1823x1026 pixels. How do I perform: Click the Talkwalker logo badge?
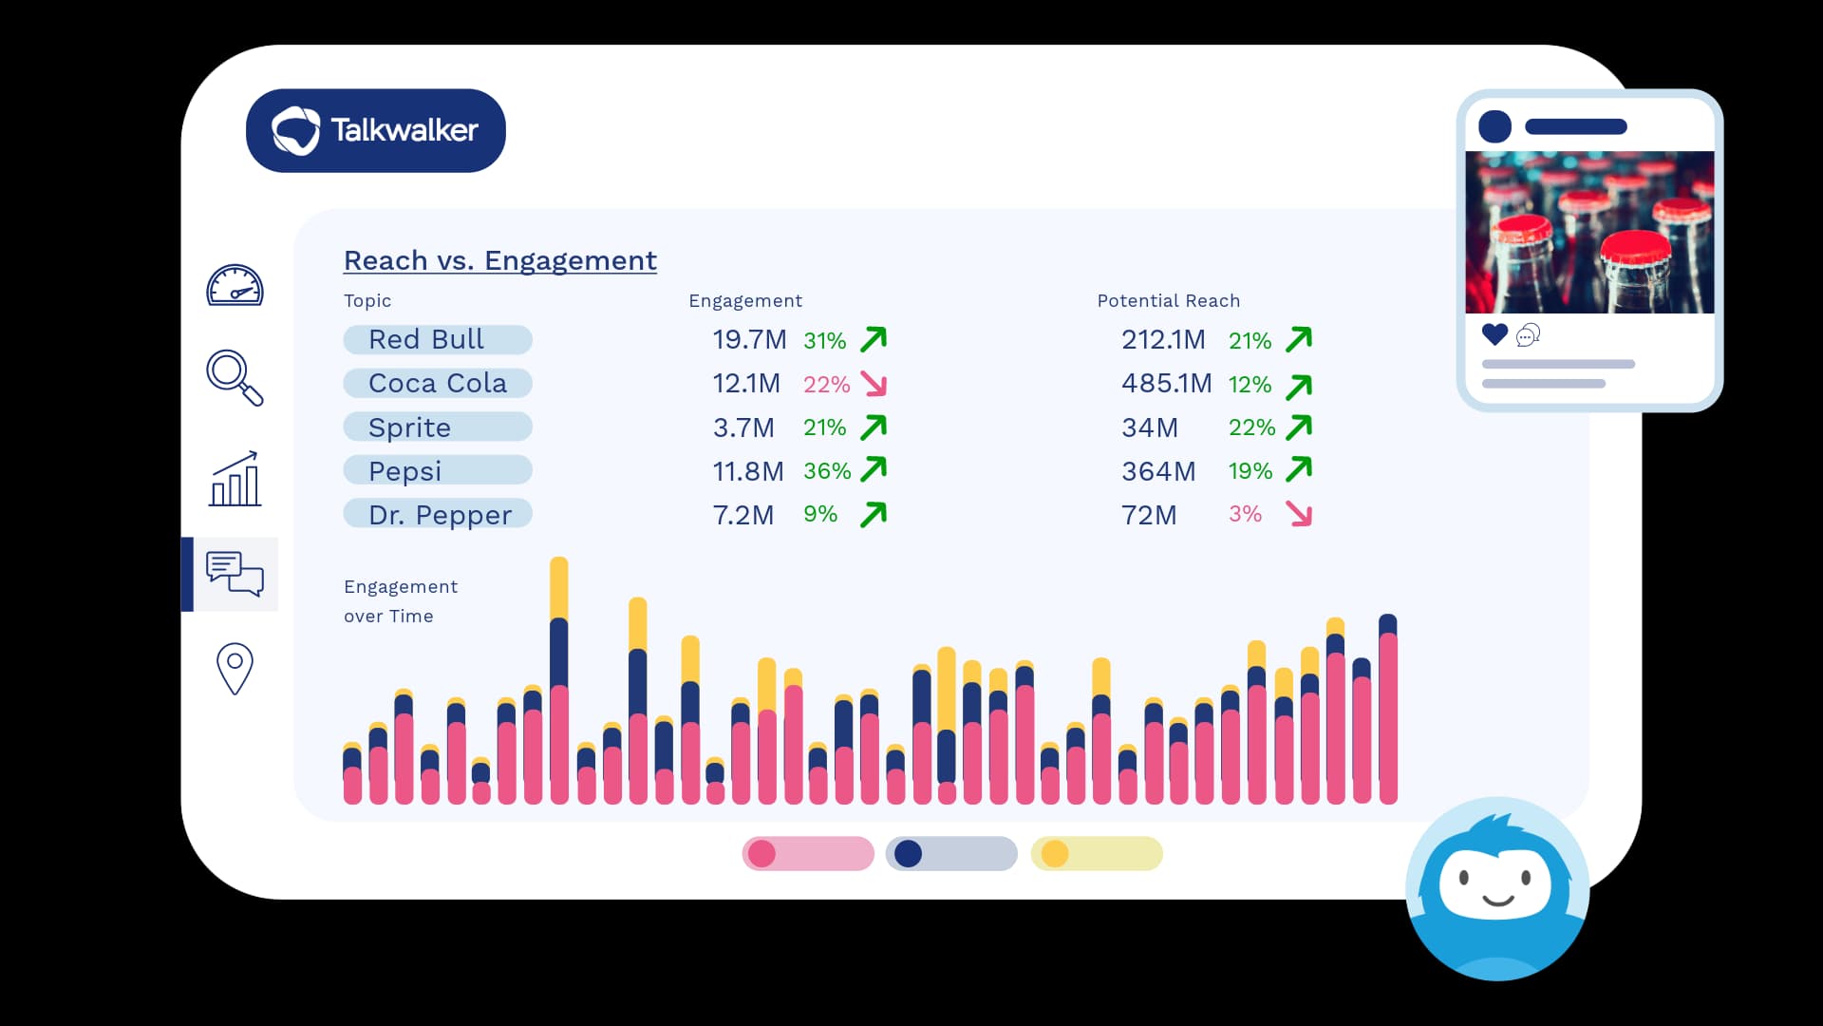[375, 130]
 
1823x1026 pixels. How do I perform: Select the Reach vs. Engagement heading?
[499, 260]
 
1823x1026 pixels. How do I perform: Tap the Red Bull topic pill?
[437, 339]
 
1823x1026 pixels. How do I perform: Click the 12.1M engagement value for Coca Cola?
[746, 384]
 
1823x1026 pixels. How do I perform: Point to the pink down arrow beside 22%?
[874, 384]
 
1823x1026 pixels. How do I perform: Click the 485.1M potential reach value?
[1166, 384]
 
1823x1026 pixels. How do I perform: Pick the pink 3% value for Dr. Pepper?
[1245, 514]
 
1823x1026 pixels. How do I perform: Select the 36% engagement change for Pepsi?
[826, 471]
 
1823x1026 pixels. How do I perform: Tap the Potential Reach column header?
[1168, 301]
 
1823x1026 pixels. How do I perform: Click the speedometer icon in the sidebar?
[235, 286]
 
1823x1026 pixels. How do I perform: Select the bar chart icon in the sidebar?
[235, 479]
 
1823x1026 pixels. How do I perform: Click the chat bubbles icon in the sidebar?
[235, 574]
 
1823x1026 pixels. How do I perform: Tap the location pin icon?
[235, 669]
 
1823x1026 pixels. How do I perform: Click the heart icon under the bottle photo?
[1494, 334]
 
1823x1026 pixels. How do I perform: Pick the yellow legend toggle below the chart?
[1096, 854]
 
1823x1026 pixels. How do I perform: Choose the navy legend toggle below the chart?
[950, 854]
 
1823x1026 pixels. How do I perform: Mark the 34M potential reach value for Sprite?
[1149, 428]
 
